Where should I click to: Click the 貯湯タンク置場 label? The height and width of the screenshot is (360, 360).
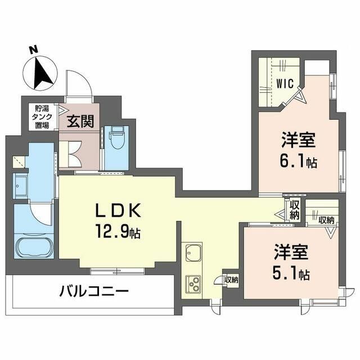click(x=41, y=118)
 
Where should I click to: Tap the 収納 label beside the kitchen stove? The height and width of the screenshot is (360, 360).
click(x=231, y=278)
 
